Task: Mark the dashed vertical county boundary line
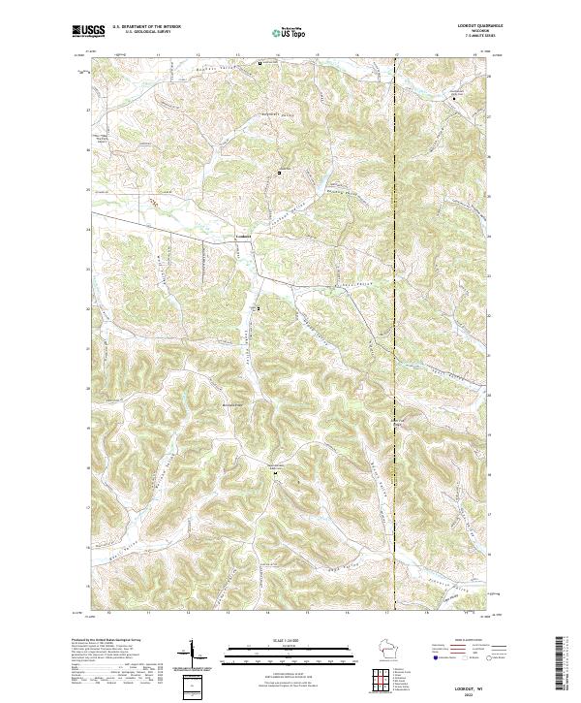(x=395, y=291)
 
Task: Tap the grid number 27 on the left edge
(x=88, y=111)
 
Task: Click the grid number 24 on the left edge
(x=88, y=230)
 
